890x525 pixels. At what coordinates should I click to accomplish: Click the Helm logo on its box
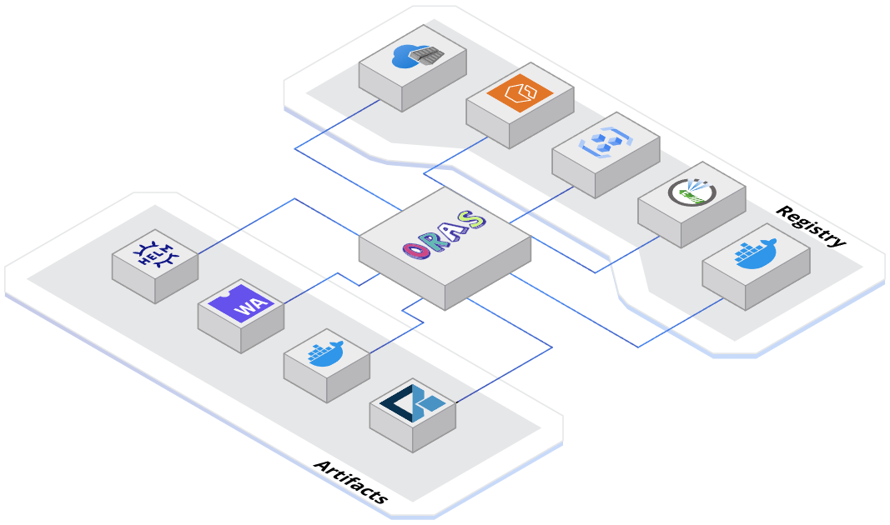tap(154, 254)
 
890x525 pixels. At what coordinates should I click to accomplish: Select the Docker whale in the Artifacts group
tap(325, 352)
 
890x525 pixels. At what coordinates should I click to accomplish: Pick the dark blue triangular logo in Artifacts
tap(411, 402)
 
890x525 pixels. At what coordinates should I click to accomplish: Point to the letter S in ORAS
tap(473, 221)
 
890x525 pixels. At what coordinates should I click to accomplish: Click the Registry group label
tap(811, 226)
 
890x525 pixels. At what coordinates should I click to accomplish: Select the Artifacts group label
tap(351, 482)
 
